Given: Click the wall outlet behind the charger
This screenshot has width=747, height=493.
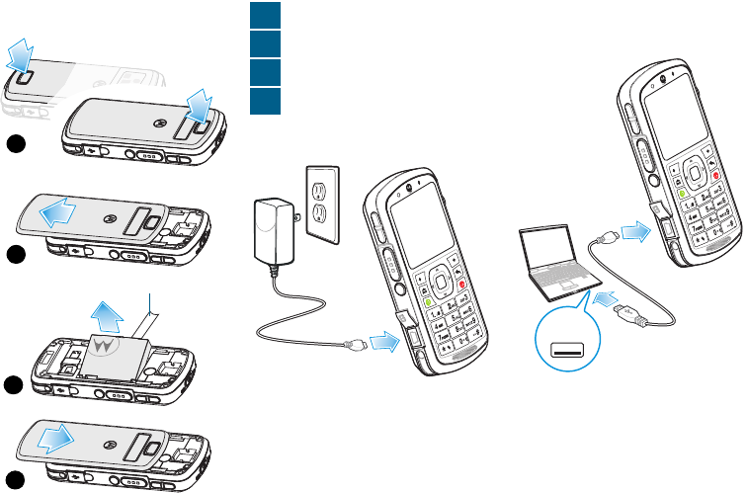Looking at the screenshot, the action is coord(321,201).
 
